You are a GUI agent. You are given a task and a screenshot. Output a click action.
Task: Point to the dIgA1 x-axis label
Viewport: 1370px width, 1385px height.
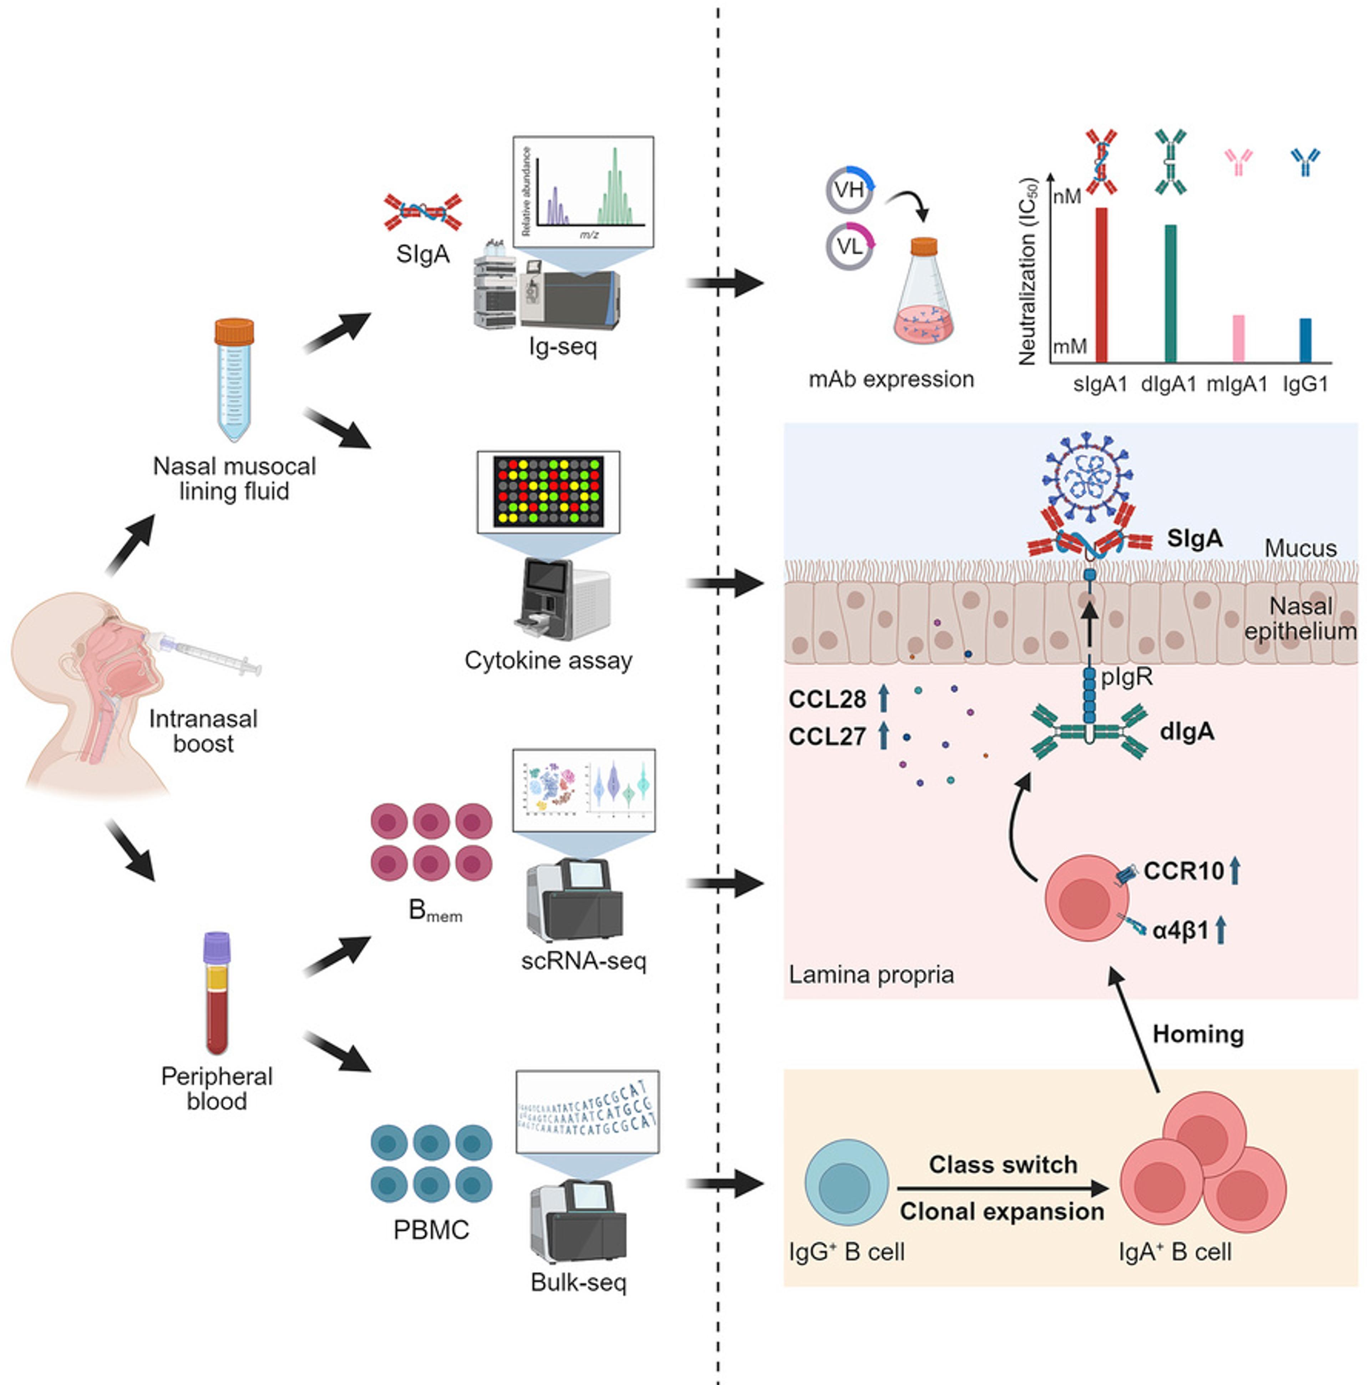coord(1168,384)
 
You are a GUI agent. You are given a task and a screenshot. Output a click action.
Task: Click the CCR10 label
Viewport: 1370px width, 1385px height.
coord(1184,871)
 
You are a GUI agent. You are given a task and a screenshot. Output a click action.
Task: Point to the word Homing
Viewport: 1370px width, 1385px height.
coord(1198,1034)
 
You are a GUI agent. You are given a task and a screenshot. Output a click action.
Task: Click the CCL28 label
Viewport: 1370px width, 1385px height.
coord(827,699)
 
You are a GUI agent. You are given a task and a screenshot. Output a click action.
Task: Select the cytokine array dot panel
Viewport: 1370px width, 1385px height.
coord(548,492)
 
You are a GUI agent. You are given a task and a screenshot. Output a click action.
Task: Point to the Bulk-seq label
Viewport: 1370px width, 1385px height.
coord(579,1282)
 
